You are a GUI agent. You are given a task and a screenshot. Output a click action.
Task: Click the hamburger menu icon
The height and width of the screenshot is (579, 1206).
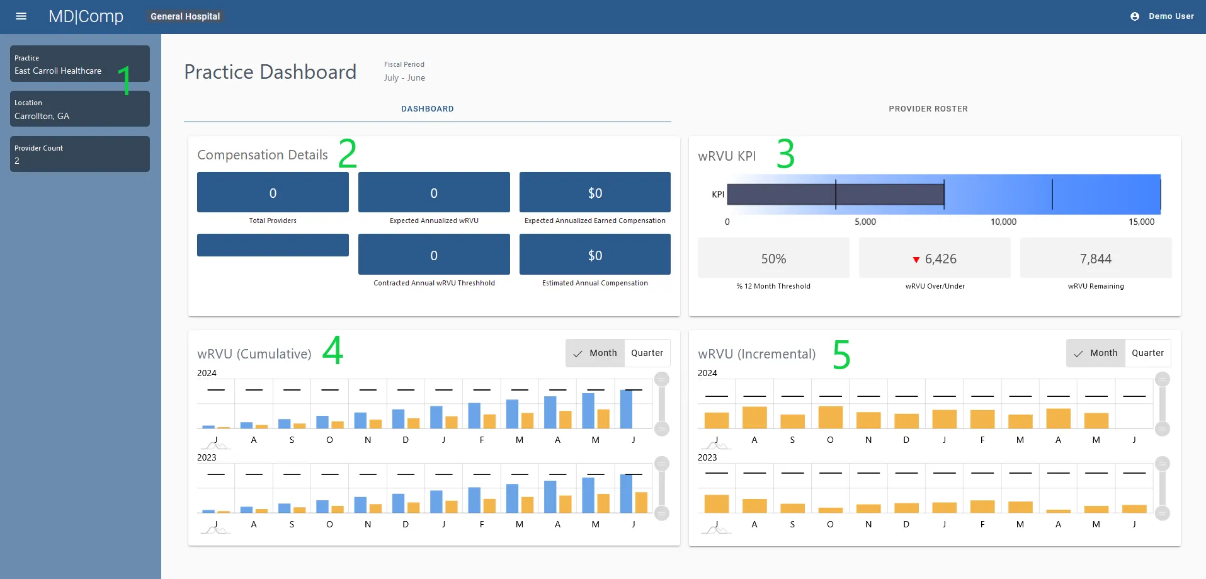tap(21, 16)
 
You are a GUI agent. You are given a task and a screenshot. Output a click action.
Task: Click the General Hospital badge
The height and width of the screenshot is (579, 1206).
tap(185, 16)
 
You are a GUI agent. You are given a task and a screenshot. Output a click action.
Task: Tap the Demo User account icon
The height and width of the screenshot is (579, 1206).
tap(1134, 16)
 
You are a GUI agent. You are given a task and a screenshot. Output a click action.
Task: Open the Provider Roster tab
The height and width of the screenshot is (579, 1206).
tap(928, 109)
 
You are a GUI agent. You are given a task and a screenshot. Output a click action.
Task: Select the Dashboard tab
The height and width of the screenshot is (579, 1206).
tap(427, 109)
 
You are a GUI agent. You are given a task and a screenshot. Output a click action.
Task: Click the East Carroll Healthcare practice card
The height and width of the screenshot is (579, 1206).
tap(79, 64)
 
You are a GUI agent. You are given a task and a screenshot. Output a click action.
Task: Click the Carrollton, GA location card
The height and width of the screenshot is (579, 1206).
tap(79, 109)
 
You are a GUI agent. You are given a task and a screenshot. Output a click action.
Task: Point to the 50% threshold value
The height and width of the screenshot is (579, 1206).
tap(773, 259)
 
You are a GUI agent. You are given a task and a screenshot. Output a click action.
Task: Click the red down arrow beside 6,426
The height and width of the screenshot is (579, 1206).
tap(916, 260)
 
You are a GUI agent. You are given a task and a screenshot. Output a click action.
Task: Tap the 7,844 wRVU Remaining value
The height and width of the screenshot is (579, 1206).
tap(1095, 259)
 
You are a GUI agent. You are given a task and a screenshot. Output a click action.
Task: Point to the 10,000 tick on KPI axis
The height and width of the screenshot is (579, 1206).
tap(1003, 222)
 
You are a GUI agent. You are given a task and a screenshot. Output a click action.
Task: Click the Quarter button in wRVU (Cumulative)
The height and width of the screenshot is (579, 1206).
tap(647, 353)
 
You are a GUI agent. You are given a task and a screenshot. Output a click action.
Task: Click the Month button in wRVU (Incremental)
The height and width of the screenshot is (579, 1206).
tap(1096, 353)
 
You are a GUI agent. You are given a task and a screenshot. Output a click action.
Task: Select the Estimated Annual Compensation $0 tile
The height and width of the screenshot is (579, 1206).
tap(594, 255)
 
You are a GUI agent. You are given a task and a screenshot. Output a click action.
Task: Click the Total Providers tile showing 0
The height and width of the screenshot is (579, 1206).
tap(273, 192)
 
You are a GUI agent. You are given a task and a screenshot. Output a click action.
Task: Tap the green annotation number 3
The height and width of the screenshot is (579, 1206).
tap(785, 154)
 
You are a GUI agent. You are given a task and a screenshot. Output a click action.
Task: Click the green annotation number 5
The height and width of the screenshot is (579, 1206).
tap(841, 355)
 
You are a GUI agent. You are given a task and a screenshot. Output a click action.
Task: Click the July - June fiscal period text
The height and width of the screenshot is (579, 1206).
tap(404, 78)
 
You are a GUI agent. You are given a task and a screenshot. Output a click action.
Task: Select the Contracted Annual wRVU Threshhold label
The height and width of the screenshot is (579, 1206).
tap(434, 283)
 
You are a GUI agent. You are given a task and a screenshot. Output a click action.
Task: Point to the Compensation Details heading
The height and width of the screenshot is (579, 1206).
tap(262, 155)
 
